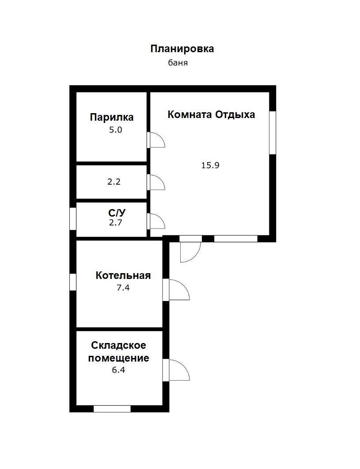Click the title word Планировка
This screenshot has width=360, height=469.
click(182, 49)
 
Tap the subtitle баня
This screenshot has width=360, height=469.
click(178, 63)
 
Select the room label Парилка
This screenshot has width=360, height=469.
click(112, 117)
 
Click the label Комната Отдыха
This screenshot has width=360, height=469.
click(211, 114)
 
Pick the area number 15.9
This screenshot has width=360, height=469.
click(210, 165)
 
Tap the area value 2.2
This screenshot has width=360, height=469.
click(114, 181)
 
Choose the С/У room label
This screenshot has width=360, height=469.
click(115, 213)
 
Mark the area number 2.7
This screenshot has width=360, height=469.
click(115, 222)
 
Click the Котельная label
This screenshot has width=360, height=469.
click(123, 275)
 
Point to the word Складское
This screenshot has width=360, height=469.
click(118, 345)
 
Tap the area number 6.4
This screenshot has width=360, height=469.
click(118, 370)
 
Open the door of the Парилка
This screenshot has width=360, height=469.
click(155, 140)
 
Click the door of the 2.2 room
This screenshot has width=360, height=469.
click(155, 182)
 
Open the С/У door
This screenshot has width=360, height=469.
click(155, 221)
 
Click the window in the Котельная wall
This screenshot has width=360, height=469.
click(73, 282)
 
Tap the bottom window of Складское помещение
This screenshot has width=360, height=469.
click(112, 409)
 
